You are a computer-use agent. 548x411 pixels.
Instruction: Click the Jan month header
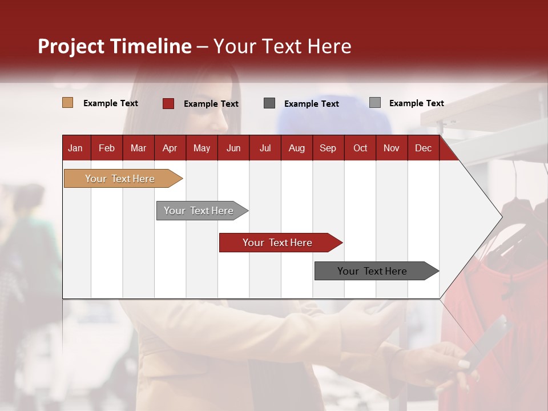coord(75,148)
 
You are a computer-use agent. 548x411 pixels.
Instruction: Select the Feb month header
coord(107,148)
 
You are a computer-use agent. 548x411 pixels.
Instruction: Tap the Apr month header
coord(170,148)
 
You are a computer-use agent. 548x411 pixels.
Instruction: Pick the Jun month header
coord(233,148)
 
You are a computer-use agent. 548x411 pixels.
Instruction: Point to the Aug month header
coord(296,148)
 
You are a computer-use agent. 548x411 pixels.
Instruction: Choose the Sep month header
coord(328,148)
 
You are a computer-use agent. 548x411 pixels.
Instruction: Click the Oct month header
coord(360,148)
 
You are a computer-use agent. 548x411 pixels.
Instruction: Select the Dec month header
coord(423,148)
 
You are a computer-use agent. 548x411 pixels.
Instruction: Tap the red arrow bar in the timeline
coord(278,243)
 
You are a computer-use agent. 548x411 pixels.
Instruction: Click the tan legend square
coord(68,103)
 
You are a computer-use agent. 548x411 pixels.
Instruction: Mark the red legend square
coord(168,103)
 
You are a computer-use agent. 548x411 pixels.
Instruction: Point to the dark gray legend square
coord(269,103)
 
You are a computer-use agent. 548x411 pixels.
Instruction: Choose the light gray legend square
coord(374,103)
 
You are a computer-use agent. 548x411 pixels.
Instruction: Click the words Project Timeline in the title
coord(115,46)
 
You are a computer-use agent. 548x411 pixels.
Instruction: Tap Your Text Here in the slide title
coord(282,46)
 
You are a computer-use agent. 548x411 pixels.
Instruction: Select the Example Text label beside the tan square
coord(111,103)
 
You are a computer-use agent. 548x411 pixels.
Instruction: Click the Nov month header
coord(392,148)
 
